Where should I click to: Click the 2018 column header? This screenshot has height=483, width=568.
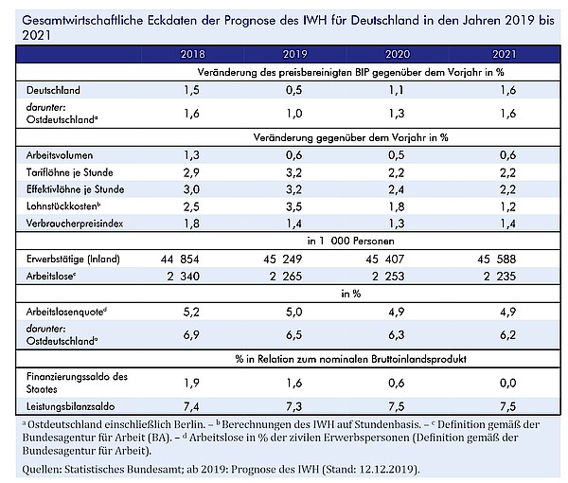193,54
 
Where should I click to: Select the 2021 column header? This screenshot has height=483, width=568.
505,54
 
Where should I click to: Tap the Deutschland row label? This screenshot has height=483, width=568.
53,90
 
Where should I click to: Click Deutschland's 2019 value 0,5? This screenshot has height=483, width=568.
293,90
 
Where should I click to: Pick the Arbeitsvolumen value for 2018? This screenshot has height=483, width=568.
191,155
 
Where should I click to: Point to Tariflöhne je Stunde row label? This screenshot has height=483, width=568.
69,172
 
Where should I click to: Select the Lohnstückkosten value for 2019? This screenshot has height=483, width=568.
293,206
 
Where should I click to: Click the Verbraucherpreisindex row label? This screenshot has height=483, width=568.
75,224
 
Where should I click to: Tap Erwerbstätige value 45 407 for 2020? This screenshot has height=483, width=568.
384,259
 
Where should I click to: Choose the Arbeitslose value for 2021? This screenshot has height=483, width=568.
500,277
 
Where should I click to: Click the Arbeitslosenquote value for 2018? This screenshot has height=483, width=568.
191,312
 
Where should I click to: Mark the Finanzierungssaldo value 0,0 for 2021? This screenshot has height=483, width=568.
507,383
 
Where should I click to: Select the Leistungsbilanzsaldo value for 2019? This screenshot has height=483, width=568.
293,406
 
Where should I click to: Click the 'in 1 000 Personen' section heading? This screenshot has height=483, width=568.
350,241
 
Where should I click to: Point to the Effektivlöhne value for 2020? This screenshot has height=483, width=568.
397,189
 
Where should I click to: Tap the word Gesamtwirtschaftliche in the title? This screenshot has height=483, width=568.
82,20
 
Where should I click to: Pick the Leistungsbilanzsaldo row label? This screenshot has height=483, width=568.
71,406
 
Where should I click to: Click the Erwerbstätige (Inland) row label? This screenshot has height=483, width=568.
73,259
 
